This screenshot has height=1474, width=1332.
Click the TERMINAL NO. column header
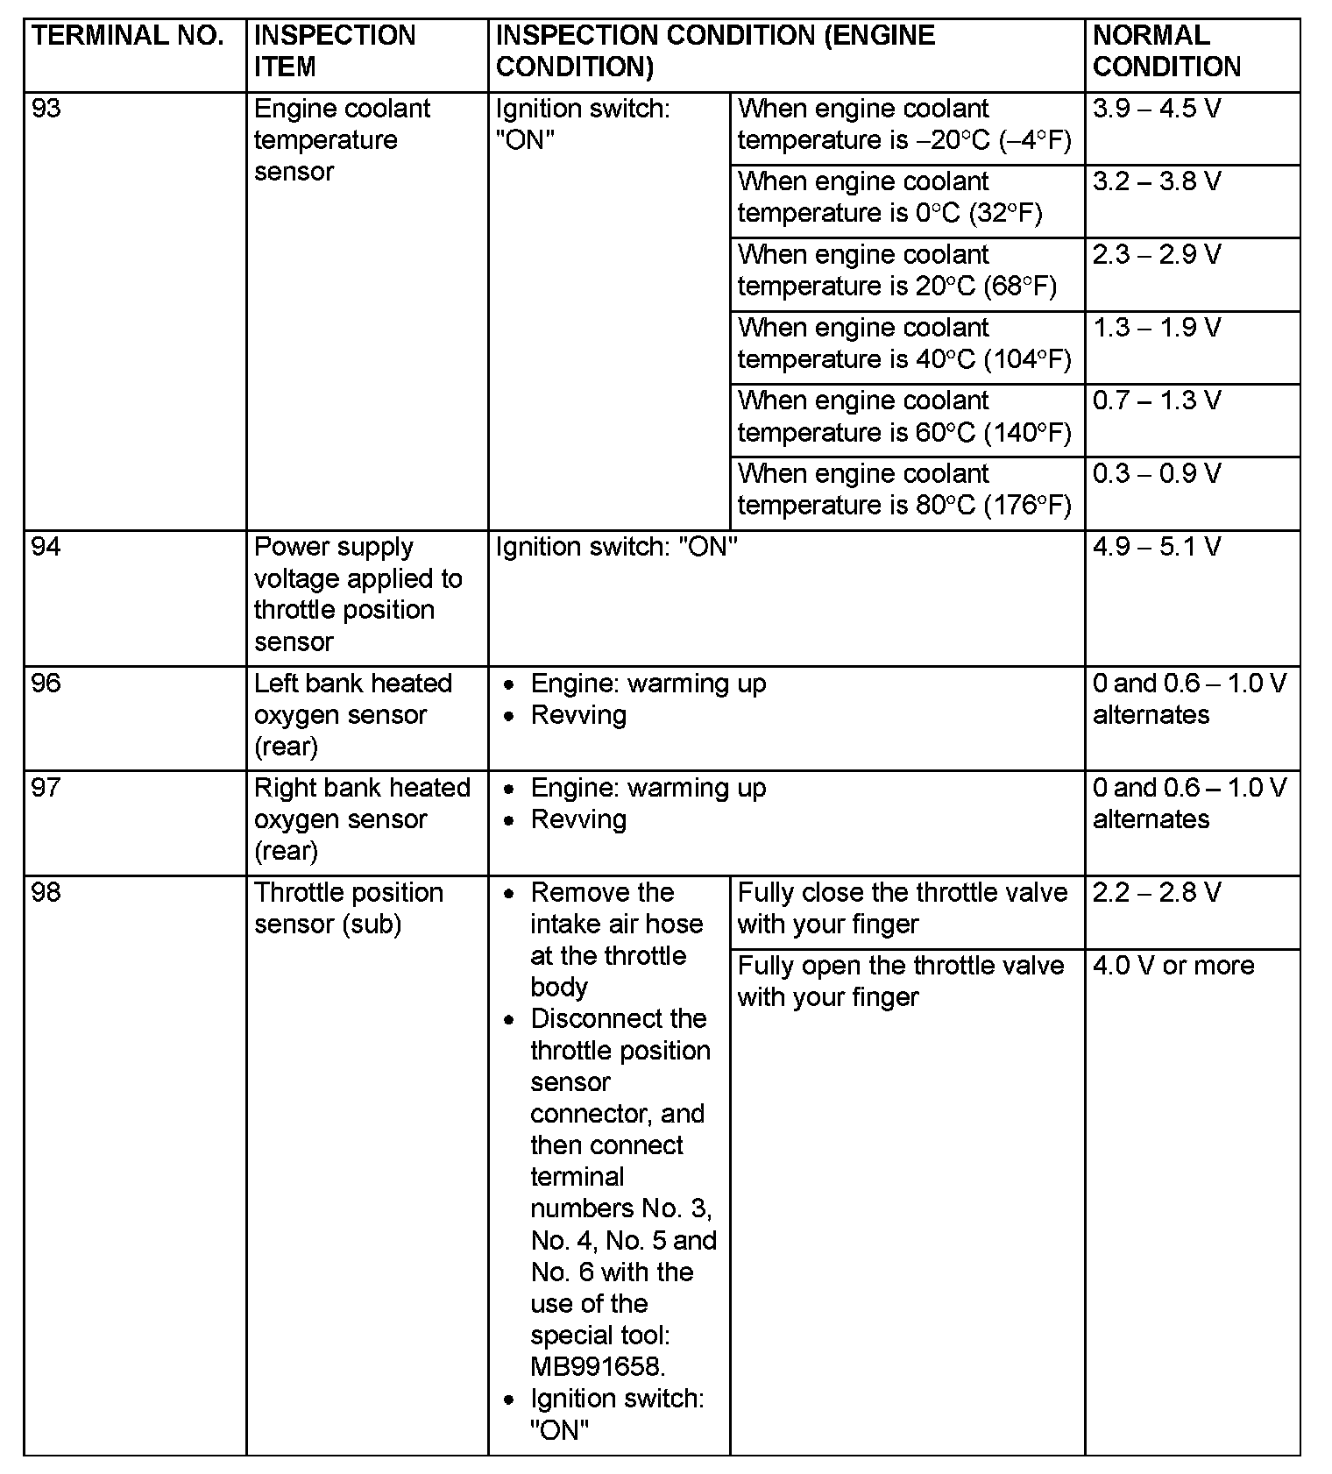click(127, 36)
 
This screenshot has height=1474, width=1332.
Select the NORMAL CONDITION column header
click(1166, 51)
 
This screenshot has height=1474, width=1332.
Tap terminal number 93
click(46, 109)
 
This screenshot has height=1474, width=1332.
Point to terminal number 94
click(46, 547)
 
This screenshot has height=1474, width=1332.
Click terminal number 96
click(46, 684)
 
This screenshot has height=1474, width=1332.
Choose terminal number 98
click(46, 892)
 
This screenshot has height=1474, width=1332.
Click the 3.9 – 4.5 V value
click(1156, 109)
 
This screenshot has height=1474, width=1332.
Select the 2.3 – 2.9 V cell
click(1156, 255)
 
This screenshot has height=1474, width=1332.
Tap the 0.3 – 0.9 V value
click(1156, 474)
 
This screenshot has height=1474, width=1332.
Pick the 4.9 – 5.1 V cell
click(1156, 547)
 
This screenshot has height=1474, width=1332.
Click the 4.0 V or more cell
click(1173, 966)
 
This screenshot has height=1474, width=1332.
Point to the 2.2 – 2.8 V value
click(1156, 893)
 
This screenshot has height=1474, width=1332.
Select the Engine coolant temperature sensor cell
click(342, 140)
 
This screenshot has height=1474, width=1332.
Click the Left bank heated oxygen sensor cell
click(352, 715)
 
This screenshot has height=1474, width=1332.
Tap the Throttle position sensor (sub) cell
click(348, 908)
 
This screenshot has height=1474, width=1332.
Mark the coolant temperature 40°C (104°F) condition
click(904, 344)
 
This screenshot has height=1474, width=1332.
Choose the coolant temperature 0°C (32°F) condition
click(889, 197)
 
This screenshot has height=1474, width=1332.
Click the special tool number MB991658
click(598, 1366)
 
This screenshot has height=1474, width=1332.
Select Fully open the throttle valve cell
click(900, 981)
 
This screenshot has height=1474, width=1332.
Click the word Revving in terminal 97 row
click(578, 819)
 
